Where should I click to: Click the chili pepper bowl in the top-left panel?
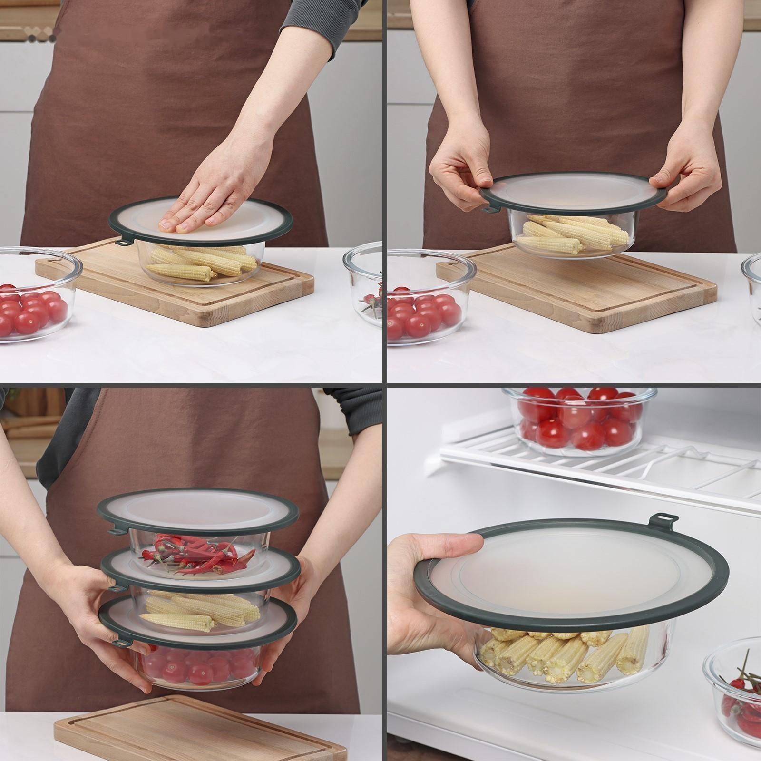coord(364,285)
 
